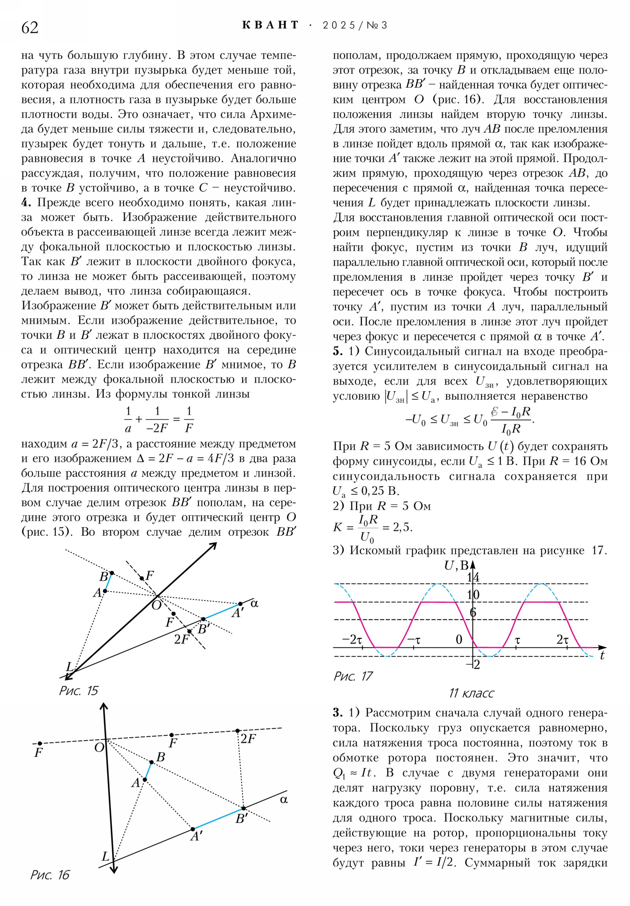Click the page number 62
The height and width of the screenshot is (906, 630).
click(30, 28)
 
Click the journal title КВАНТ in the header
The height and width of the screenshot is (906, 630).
click(270, 26)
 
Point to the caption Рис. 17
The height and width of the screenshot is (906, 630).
click(353, 676)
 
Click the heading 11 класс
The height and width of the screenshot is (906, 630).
click(471, 693)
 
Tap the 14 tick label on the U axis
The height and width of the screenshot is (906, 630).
click(473, 577)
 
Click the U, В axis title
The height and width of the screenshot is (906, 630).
click(456, 565)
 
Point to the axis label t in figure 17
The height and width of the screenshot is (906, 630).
click(602, 656)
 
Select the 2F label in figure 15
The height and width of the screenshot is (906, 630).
click(182, 639)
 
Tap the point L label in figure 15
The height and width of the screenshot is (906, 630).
click(70, 667)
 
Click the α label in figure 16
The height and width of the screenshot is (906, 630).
click(283, 800)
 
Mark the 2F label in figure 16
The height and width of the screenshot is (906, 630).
click(248, 739)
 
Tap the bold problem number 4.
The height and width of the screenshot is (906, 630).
click(26, 203)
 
